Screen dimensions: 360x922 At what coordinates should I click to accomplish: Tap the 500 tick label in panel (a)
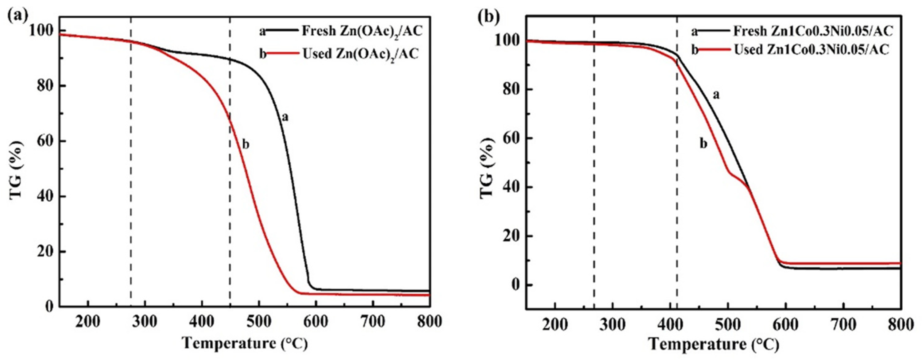(259, 322)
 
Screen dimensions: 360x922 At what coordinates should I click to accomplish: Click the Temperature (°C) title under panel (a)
(245, 343)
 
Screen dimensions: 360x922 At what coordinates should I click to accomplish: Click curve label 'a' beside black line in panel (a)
(285, 117)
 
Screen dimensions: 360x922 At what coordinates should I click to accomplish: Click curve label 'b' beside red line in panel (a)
(246, 145)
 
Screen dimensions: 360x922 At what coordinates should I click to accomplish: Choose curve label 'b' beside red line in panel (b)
(703, 144)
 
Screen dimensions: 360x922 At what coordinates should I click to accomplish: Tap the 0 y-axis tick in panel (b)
(515, 285)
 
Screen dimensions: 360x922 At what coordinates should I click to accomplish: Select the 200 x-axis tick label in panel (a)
(88, 322)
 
